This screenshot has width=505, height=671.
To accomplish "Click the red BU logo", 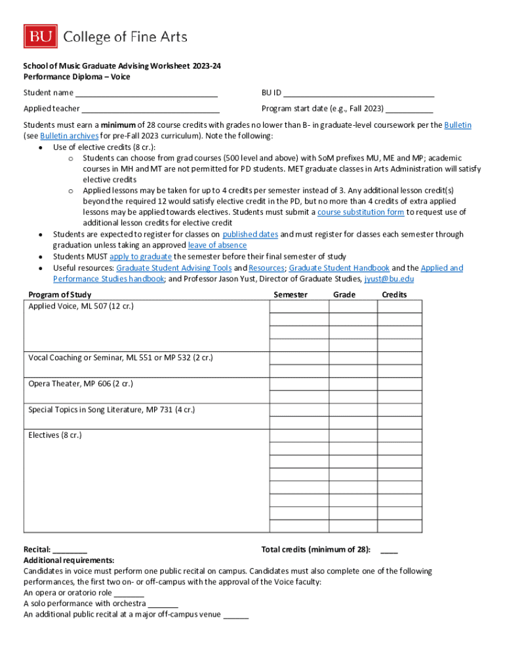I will [x=41, y=37].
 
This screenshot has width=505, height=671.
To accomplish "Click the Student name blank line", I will [x=146, y=93].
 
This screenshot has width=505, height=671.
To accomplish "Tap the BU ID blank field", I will [x=359, y=93].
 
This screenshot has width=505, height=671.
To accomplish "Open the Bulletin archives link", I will [x=70, y=136].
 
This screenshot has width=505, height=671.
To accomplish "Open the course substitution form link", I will [x=361, y=212].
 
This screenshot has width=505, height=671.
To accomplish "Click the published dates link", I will [x=251, y=235].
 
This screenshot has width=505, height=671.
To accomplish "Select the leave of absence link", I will [x=217, y=245].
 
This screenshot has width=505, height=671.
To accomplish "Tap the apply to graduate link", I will [x=140, y=256].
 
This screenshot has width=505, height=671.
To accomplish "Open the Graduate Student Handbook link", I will [x=339, y=268].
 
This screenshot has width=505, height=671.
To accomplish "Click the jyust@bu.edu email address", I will [x=389, y=278].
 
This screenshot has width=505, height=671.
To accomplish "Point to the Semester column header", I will [x=290, y=295].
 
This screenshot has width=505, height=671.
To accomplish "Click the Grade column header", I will [x=344, y=295].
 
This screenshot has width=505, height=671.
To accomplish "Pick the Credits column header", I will [x=394, y=295].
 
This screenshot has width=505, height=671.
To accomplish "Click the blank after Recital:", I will [x=70, y=550].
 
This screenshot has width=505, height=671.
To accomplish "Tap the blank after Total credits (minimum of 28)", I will [x=389, y=550].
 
